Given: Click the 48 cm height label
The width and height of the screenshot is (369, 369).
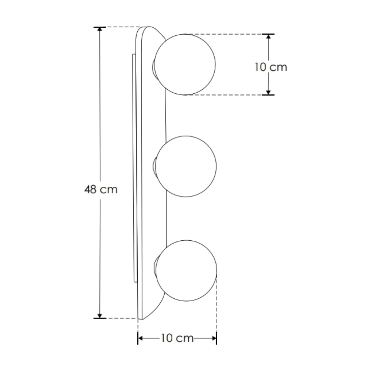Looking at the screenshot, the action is point(101,190).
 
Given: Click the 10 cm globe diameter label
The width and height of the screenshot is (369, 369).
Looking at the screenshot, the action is point(271,67).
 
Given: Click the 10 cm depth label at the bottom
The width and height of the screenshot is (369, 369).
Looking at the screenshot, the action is point(177,338).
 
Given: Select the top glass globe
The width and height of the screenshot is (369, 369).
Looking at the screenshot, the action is point(185,65).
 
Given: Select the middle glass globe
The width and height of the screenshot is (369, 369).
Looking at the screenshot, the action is point(186,166).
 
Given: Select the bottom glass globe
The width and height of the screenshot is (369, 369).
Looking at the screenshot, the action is point(186,270).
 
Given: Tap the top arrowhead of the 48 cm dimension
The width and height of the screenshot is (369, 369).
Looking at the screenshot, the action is point(100,30).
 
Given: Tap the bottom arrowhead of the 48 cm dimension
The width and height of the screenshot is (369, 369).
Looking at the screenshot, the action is point(100,316).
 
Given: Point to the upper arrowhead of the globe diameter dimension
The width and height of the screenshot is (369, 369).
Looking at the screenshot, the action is point(268,37).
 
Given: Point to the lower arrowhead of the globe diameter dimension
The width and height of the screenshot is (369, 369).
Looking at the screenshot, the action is point(268,92).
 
